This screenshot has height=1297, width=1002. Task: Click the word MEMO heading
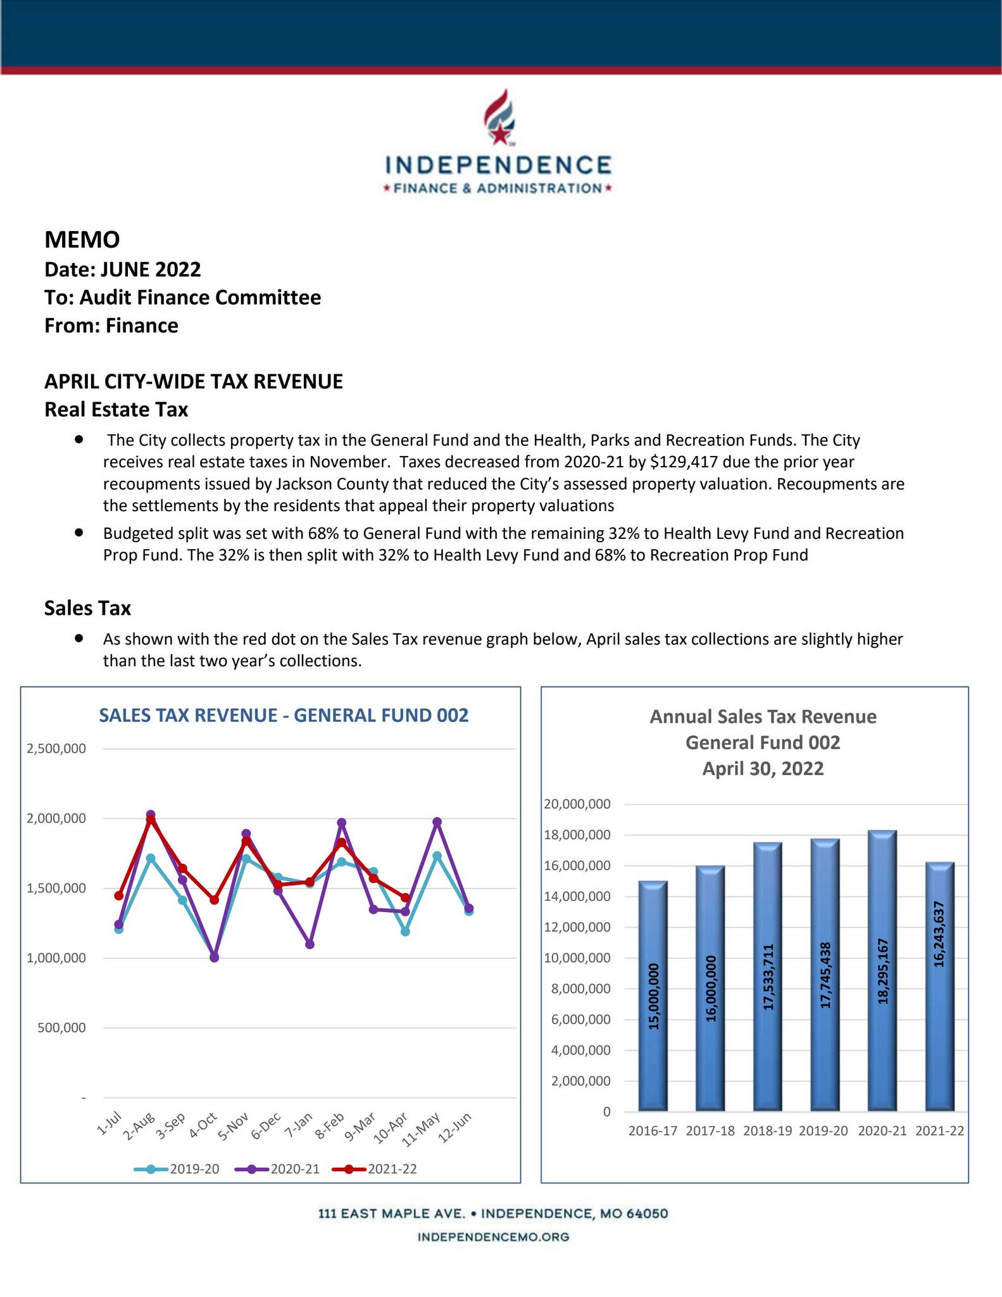coord(82,239)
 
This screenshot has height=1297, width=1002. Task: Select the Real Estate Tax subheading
coord(116,410)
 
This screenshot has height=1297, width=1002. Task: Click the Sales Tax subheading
coord(87,608)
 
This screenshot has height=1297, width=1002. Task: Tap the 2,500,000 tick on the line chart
coord(56,749)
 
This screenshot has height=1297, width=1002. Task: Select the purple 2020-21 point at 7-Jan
coord(310,944)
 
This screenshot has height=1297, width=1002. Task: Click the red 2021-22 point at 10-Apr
coord(405,897)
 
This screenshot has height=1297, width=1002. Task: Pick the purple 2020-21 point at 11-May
coord(437,822)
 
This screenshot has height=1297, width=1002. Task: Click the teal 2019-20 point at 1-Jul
coord(118,929)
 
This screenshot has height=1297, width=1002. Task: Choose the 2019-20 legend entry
coord(177,1168)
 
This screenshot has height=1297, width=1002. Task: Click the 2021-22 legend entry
coord(375,1168)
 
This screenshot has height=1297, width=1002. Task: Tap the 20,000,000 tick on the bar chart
coord(586,804)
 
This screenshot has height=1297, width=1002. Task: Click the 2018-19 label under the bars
coord(767,1130)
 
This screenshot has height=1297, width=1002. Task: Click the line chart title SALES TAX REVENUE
coord(284,716)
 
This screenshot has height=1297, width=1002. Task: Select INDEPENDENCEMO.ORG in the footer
coord(493,1237)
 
